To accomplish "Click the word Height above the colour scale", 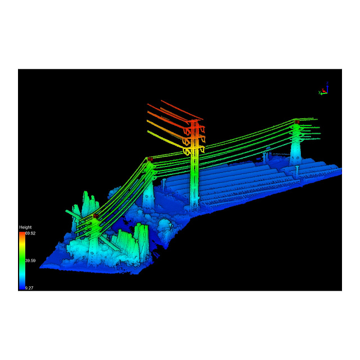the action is coord(25,227).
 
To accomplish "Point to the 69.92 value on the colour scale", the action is coord(30,233).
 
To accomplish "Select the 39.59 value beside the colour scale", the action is coord(30,260).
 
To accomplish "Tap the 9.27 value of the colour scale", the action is coord(29,288).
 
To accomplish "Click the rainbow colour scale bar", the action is coord(22,260).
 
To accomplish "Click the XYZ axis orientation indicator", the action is coord(324,88).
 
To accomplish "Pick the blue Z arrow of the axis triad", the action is coord(327,87).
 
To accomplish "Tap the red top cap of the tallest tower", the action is coord(194,121).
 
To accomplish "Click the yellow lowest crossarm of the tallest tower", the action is coord(193,150).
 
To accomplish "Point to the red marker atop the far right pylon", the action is coord(297,121).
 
